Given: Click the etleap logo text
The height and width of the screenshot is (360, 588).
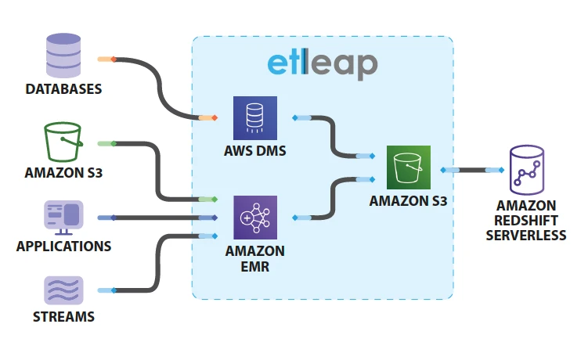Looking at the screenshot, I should point(322,64).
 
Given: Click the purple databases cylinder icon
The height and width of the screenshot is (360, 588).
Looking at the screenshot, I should point(63,52).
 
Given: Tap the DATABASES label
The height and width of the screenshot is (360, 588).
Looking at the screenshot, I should point(63,89).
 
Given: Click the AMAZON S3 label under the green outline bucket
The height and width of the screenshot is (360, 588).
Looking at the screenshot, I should point(63,173).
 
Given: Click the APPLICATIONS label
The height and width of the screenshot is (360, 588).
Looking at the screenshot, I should point(63,247).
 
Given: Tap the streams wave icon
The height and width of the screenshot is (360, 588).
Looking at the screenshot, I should point(63,290).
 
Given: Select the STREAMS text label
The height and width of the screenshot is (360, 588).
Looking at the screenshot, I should point(63,317).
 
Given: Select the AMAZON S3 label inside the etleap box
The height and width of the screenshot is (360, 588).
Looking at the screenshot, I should point(408,201).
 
